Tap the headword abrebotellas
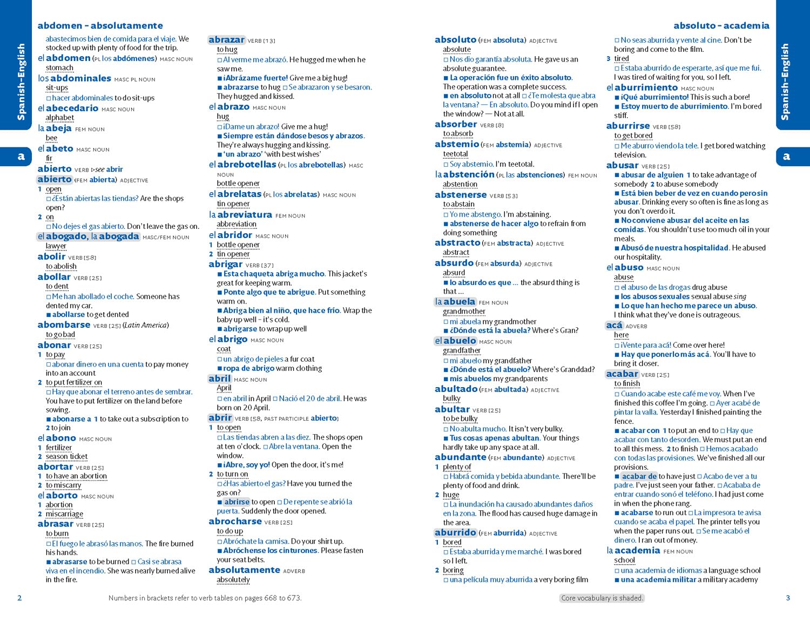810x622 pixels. pos(247,164)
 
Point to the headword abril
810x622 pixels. pos(220,378)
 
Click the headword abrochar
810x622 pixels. pos(235,522)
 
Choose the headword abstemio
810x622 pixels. pos(457,144)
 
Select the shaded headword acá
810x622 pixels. pos(614,325)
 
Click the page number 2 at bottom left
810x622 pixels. pos(20,598)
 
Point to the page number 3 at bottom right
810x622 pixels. pos(788,598)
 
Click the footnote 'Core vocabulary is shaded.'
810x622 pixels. pos(602,598)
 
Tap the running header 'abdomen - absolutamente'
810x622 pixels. pos(100,25)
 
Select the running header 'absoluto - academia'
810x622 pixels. pos(721,25)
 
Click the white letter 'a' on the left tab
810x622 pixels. pos(21,157)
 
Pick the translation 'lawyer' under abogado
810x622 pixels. pos(56,246)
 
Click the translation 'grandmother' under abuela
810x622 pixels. pos(464,312)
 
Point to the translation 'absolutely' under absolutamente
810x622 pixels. pos(233,580)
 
